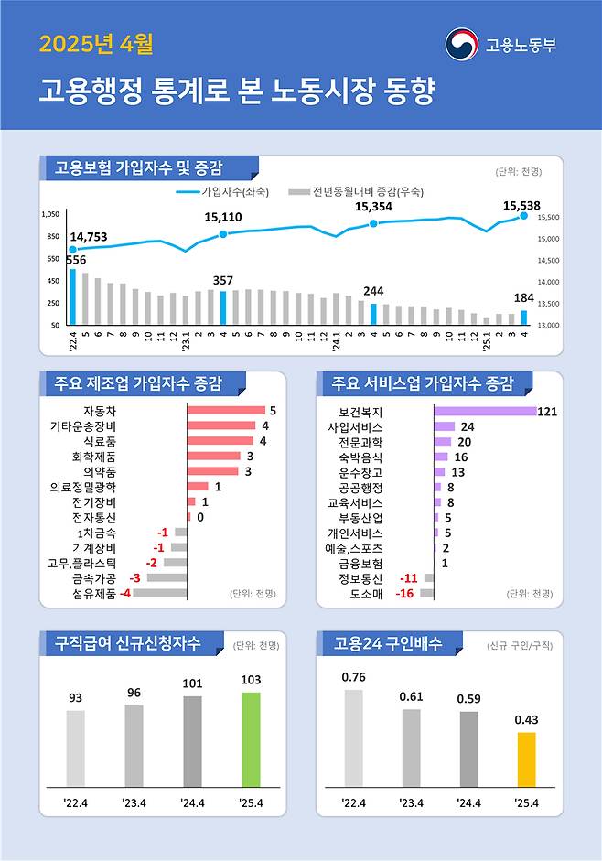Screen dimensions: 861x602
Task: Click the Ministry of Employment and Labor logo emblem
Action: coord(462,44)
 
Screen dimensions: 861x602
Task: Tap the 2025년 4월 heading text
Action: coord(96,43)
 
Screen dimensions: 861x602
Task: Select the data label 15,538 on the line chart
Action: coord(522,206)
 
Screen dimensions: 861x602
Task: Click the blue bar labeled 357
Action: coord(223,307)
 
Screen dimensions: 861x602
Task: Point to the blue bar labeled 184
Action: coord(524,317)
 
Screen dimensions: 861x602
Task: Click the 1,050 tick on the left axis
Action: coord(51,214)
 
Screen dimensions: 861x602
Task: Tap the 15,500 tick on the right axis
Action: coord(548,218)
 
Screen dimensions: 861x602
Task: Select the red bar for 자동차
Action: coord(226,411)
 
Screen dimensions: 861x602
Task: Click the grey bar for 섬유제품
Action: coord(160,593)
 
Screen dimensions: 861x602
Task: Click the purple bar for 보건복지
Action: coord(485,412)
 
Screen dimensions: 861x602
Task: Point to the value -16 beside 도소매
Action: coord(405,594)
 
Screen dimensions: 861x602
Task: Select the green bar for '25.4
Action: coord(251,739)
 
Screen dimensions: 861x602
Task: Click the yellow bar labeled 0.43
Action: coord(526,759)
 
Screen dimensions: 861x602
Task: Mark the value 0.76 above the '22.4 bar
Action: coord(353,677)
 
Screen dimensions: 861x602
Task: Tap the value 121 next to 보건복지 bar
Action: coord(548,412)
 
